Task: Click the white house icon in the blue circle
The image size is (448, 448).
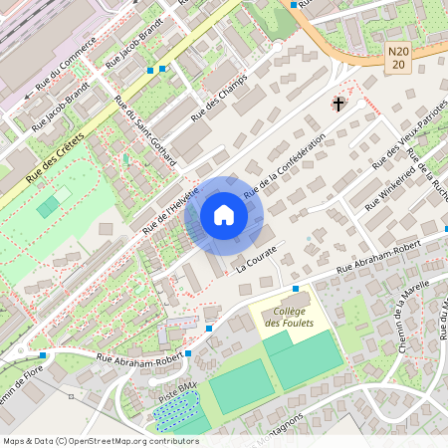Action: coord(224,215)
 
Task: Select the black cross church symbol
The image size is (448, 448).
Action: coord(338,103)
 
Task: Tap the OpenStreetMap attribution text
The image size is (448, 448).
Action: coord(101,440)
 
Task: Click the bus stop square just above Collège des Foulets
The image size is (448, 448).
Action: coord(295,289)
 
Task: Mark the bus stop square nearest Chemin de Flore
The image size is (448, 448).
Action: coord(43,353)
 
